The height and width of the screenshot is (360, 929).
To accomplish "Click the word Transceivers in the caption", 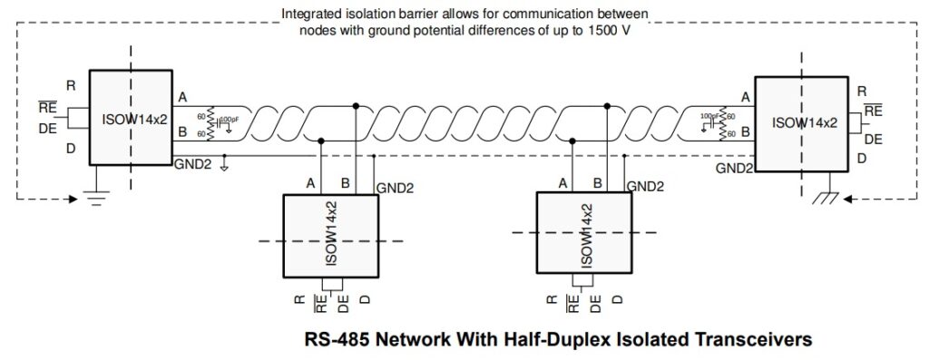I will point(750,340).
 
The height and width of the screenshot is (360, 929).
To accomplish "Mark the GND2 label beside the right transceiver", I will point(733,168).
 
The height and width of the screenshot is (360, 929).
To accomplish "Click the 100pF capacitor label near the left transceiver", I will point(230,120).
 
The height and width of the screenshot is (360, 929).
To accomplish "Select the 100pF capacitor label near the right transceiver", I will point(709,117).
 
